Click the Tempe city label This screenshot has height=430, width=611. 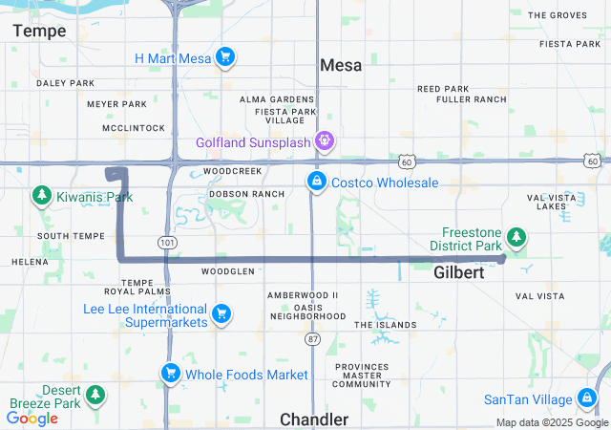pyautogui.click(x=39, y=31)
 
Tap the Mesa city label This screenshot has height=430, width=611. pyautogui.click(x=341, y=65)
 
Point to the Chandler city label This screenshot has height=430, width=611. pyautogui.click(x=314, y=419)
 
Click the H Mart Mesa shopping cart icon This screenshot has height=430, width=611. pyautogui.click(x=225, y=58)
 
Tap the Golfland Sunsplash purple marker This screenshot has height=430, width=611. pyautogui.click(x=326, y=142)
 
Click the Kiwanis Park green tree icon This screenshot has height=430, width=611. pyautogui.click(x=41, y=197)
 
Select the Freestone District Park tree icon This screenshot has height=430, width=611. pyautogui.click(x=516, y=236)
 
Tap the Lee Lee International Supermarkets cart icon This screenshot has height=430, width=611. pyautogui.click(x=221, y=313)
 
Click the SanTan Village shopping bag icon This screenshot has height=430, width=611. pyautogui.click(x=587, y=398)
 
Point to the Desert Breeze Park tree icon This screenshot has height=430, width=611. pyautogui.click(x=95, y=395)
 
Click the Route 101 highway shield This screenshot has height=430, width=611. pyautogui.click(x=168, y=243)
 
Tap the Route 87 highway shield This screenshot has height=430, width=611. pyautogui.click(x=313, y=339)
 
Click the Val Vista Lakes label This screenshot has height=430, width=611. pyautogui.click(x=551, y=202)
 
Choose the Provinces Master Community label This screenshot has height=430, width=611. pyautogui.click(x=363, y=376)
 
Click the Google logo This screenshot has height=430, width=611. pyautogui.click(x=32, y=418)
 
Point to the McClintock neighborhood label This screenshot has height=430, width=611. pyautogui.click(x=133, y=127)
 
